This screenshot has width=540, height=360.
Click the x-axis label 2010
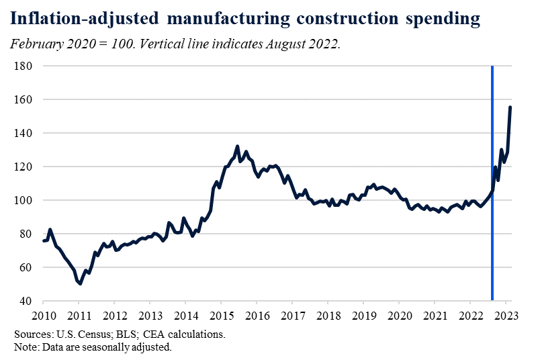[x=44, y=316]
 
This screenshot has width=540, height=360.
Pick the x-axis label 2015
[x=222, y=316]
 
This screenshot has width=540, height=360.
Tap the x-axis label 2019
[x=363, y=316]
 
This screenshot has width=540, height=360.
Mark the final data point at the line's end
[x=510, y=107]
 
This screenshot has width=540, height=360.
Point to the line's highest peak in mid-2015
[x=237, y=146]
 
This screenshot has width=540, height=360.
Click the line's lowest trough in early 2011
[x=80, y=283]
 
